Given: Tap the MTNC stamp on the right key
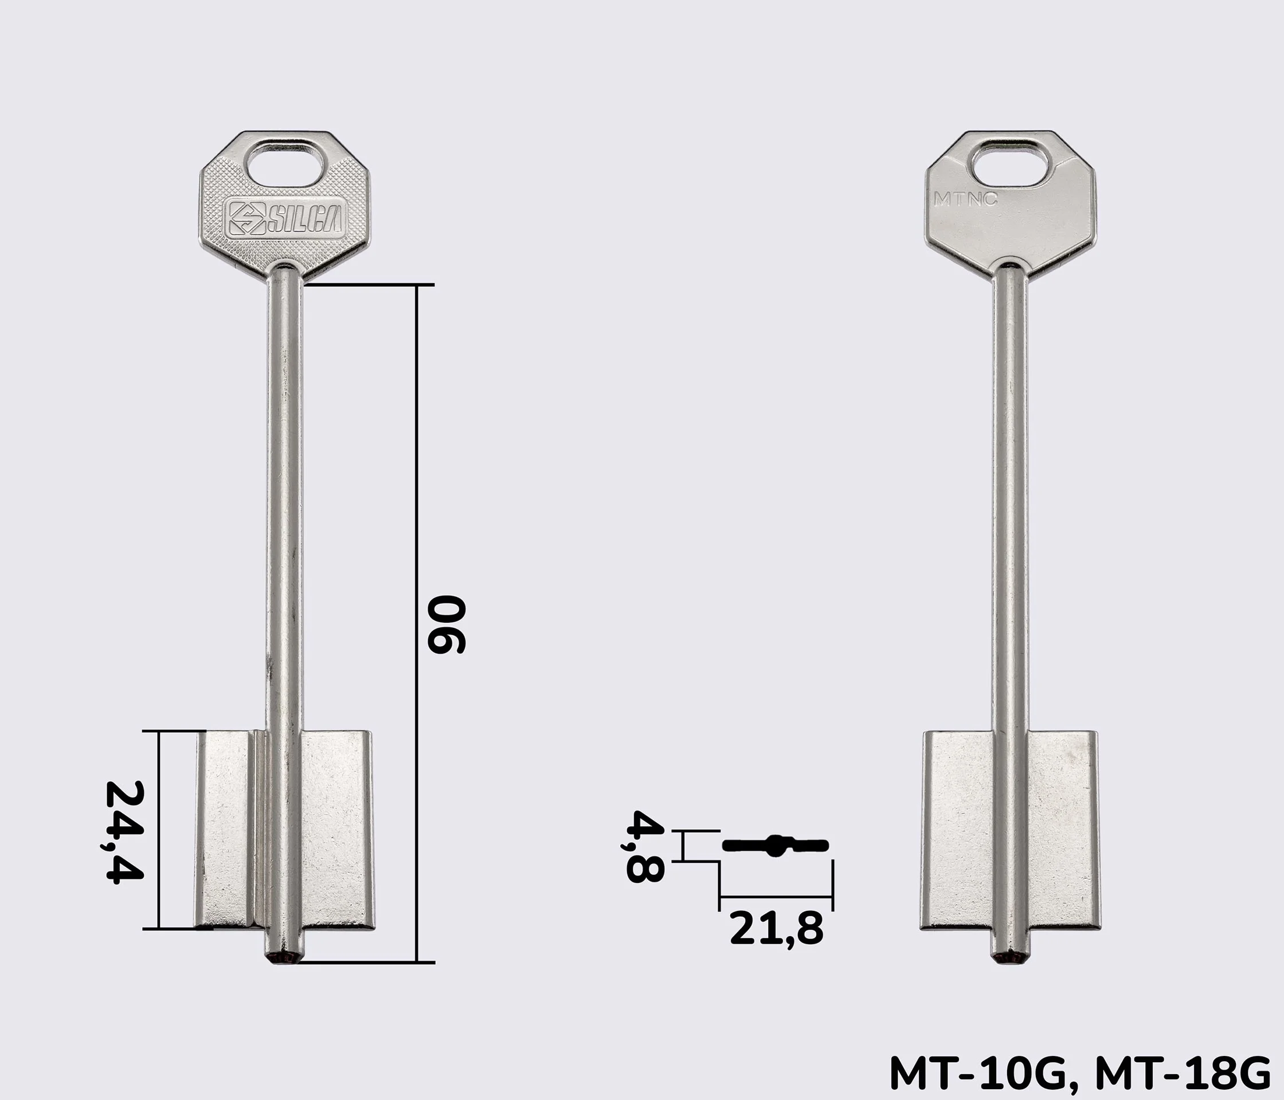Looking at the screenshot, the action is (965, 199).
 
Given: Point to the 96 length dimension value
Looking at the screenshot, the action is (447, 624).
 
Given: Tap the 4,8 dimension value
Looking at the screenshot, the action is (645, 846).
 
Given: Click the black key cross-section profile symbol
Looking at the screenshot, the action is (775, 846).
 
